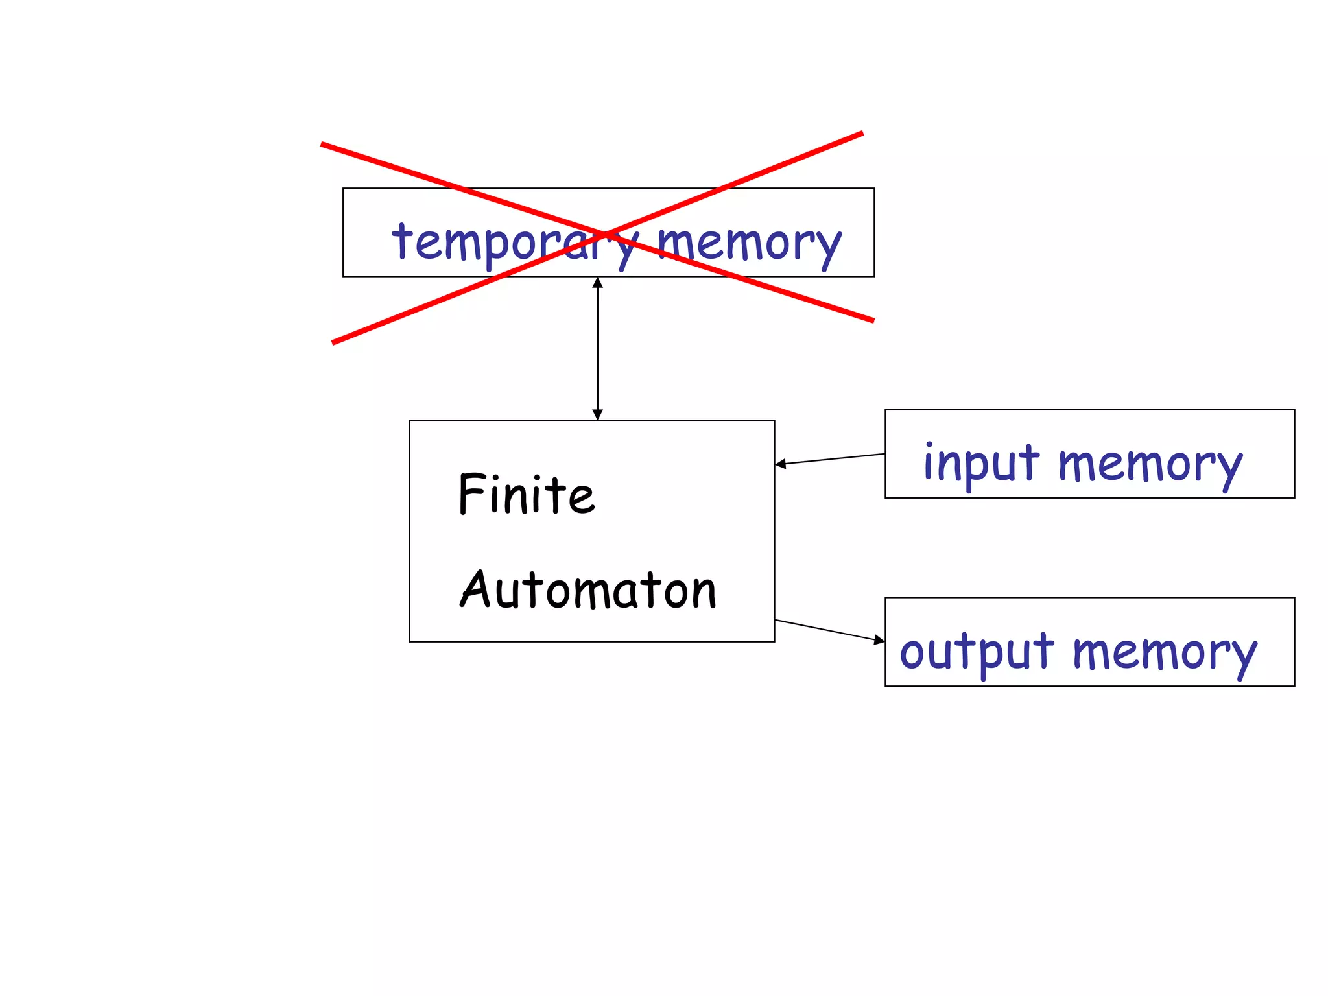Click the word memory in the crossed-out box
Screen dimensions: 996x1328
point(749,243)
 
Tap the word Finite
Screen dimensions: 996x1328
point(526,494)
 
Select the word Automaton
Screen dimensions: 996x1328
point(587,589)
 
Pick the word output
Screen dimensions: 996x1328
point(977,651)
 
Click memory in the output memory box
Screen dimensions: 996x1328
point(1164,652)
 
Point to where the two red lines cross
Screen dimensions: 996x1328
point(604,233)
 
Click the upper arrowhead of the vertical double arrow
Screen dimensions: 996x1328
point(598,283)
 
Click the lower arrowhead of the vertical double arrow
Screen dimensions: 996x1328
point(598,414)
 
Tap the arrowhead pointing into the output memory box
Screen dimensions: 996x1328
point(879,640)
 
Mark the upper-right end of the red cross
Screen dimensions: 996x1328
point(861,134)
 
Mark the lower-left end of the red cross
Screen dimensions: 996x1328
point(334,342)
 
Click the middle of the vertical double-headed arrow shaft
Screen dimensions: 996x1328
point(598,349)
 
